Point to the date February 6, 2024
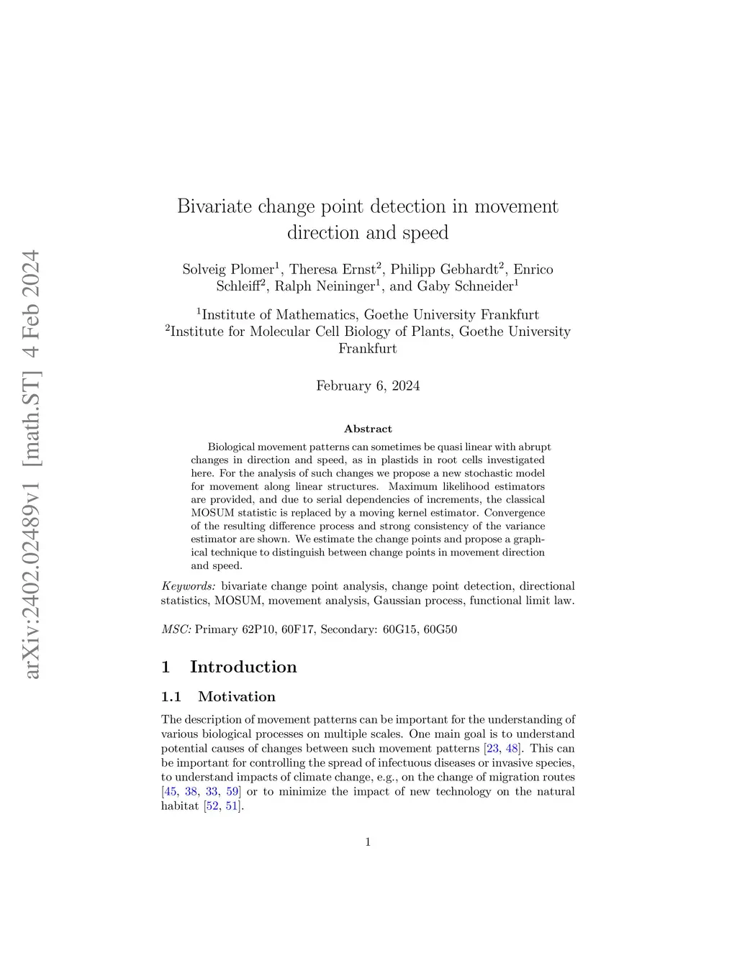[x=368, y=386]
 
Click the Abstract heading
[x=368, y=429]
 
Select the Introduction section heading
[x=243, y=667]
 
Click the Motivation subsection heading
[x=236, y=696]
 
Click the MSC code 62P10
[x=258, y=629]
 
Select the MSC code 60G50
[x=440, y=629]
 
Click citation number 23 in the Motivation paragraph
[x=492, y=748]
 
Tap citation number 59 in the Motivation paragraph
[x=232, y=791]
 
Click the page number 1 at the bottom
[x=368, y=842]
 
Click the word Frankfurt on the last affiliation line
[x=368, y=349]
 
